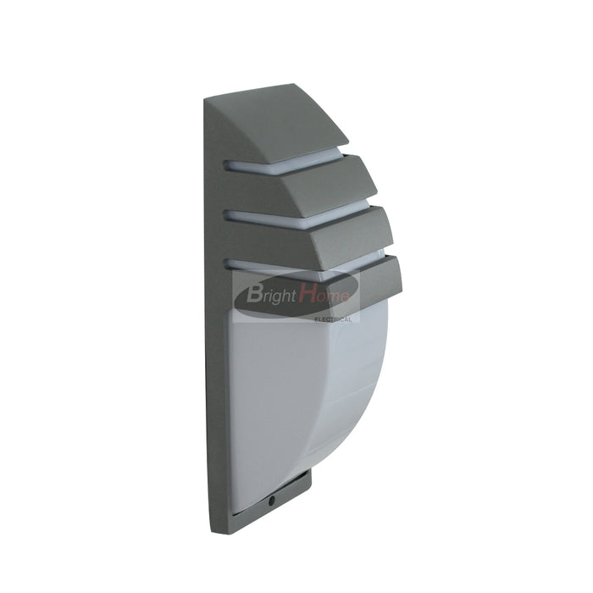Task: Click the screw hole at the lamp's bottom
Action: [x=271, y=501]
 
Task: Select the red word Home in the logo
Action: [x=324, y=293]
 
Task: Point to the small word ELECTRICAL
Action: [x=333, y=320]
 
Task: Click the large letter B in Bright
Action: [x=254, y=293]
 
